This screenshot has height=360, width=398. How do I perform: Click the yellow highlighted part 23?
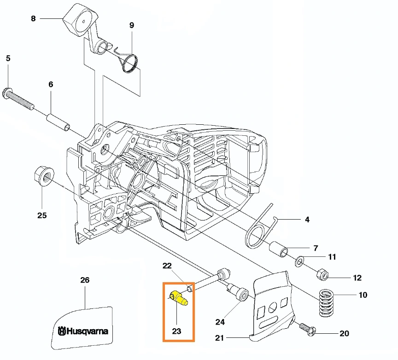coord(178,298)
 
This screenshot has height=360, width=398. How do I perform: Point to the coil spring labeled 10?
coord(328,302)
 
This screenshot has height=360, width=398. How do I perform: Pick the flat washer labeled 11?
coord(299,261)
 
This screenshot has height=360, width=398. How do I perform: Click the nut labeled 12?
coord(322,275)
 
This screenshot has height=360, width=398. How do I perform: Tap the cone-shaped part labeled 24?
coord(240,294)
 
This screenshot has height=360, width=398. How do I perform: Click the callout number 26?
coord(85,280)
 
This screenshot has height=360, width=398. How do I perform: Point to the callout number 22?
coord(167,266)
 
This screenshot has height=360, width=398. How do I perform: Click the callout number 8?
coord(33,18)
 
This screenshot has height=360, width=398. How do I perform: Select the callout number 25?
coord(42,215)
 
